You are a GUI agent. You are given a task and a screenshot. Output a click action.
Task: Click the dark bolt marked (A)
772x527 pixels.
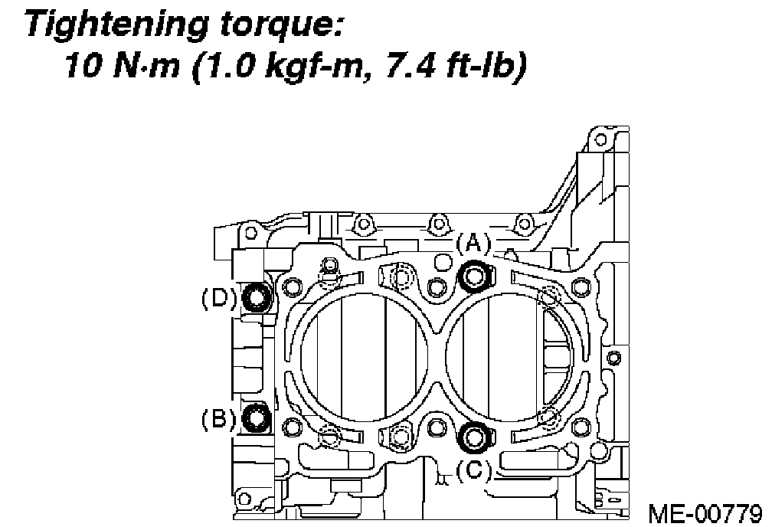(475, 276)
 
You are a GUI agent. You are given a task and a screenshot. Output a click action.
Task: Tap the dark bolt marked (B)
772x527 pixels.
(255, 418)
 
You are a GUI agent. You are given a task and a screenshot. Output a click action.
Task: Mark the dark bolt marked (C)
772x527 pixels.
(475, 436)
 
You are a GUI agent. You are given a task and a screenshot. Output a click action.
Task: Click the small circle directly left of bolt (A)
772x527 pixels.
(437, 287)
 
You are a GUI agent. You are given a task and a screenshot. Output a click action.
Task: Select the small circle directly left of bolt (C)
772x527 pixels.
(437, 426)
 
